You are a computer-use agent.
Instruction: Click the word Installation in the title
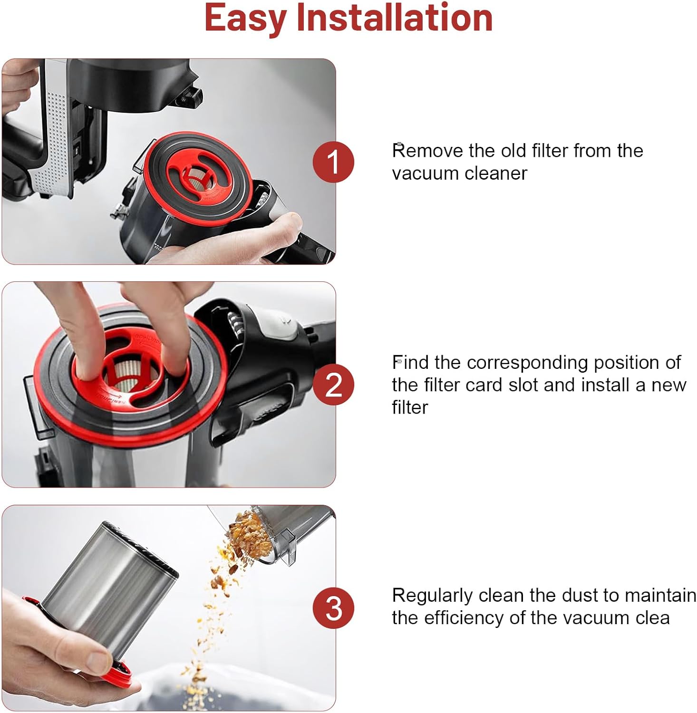[x=394, y=18]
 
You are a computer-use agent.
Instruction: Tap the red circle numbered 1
[x=333, y=162]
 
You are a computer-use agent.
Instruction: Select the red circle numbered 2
[x=333, y=385]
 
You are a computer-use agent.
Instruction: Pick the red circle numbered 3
[x=333, y=608]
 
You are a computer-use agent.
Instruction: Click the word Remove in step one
[x=427, y=151]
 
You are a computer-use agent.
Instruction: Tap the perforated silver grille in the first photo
[x=54, y=143]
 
